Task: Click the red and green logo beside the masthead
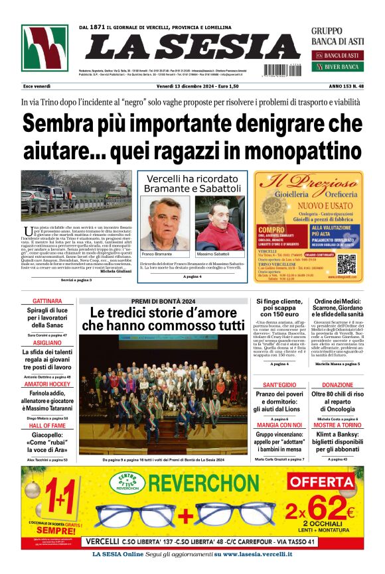[44, 48]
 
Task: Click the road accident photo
[76, 196]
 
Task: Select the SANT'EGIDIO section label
[279, 385]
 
